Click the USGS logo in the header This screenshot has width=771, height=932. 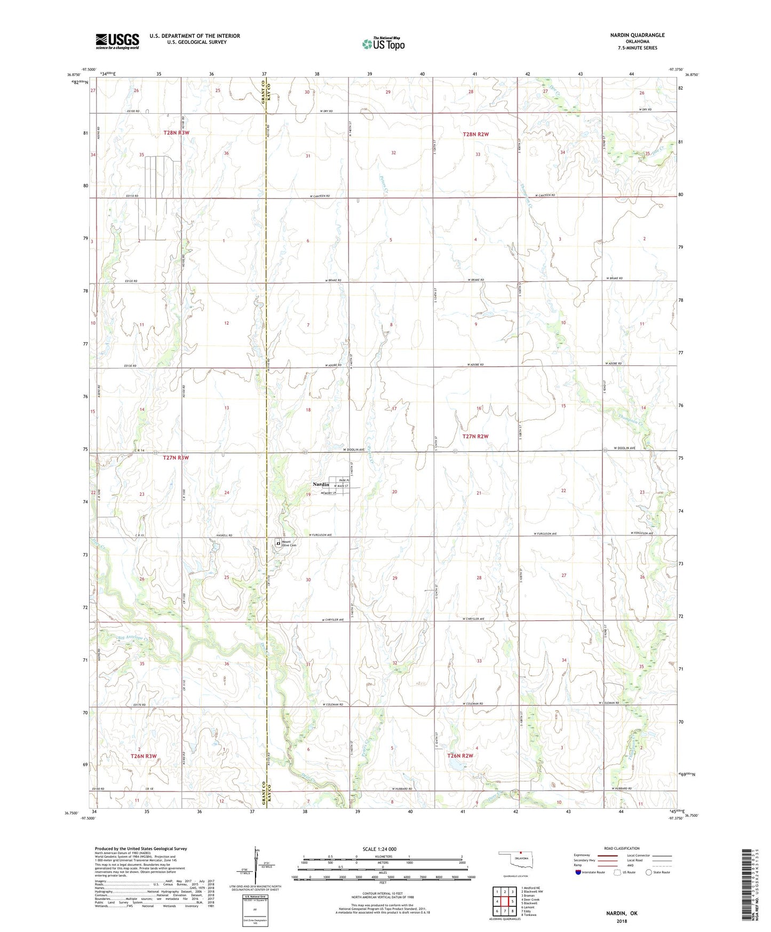tap(117, 41)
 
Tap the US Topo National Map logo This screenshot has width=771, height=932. tap(383, 43)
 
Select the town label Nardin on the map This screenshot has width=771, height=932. tap(321, 485)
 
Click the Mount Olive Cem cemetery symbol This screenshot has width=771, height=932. tap(278, 543)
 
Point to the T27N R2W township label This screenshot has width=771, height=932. tap(475, 436)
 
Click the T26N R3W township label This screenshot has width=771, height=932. tap(144, 756)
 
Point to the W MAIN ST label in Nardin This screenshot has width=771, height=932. tap(341, 486)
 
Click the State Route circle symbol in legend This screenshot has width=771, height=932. tap(649, 872)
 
